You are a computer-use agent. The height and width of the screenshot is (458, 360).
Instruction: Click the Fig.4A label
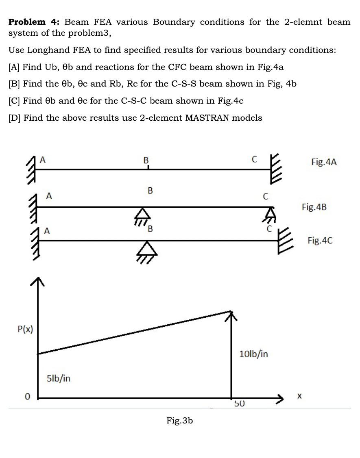point(324,163)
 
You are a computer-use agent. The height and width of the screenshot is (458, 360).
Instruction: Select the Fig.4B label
point(314,207)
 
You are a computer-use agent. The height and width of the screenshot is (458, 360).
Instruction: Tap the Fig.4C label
point(320,241)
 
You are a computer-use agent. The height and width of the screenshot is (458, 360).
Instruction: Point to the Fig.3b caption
point(179,421)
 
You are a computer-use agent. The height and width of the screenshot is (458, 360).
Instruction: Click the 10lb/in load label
point(254,354)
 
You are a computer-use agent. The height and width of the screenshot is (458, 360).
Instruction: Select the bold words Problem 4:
point(35,22)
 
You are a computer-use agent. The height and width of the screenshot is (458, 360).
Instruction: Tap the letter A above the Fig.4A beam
point(42,160)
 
